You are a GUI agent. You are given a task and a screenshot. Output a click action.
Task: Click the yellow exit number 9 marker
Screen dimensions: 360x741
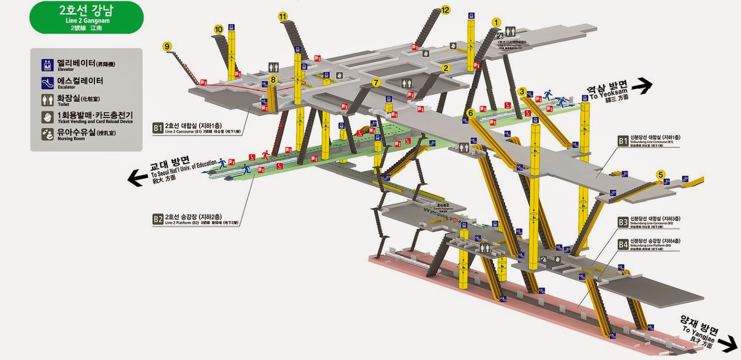[167, 46]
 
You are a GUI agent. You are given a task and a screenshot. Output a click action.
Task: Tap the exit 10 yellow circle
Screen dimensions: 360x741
[219, 30]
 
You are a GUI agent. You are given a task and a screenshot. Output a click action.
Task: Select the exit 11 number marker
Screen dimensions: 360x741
[283, 17]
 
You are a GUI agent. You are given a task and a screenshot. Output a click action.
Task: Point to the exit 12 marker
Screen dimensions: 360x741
[445, 10]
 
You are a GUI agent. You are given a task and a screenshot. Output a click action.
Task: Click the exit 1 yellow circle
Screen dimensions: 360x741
[496, 22]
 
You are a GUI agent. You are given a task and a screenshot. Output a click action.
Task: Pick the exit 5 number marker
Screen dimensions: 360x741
[660, 175]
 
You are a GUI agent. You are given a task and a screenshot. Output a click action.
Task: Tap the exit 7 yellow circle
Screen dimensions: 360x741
[376, 83]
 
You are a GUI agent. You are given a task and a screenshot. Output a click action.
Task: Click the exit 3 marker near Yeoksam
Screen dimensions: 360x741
[522, 91]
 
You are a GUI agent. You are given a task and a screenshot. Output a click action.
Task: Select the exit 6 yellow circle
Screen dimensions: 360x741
[471, 113]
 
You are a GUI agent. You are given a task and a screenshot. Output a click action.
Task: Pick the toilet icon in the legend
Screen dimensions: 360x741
[47, 100]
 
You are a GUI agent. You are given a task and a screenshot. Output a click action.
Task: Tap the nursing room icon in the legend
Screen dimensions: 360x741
[47, 134]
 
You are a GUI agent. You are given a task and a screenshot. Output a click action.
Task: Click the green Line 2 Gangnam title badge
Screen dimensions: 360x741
[87, 18]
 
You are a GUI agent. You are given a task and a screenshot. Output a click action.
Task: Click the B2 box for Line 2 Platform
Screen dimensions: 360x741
[158, 219]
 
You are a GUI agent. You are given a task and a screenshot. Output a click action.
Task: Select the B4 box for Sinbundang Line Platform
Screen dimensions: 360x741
[623, 244]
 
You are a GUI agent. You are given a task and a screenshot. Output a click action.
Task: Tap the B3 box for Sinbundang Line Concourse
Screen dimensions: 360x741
[623, 221]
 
